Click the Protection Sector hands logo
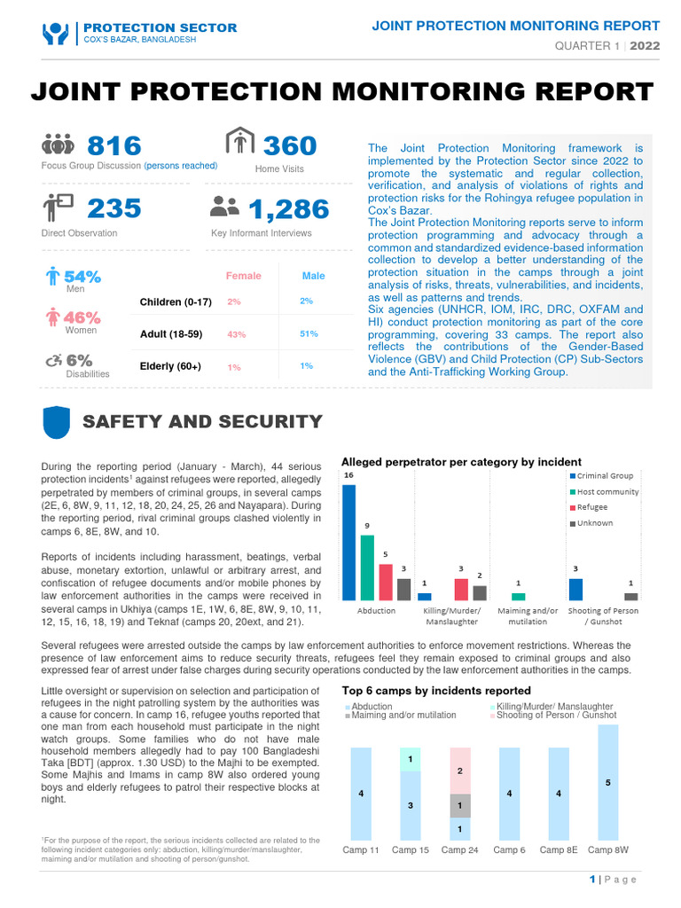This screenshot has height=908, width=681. (56, 34)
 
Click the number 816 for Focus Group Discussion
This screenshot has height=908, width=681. (114, 145)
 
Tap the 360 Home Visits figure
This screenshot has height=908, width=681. (290, 145)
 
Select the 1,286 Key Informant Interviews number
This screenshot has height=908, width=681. (288, 209)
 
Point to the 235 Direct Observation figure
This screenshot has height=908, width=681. (114, 208)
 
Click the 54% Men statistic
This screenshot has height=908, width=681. (81, 277)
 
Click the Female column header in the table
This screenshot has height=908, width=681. (244, 276)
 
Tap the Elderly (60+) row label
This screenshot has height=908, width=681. (170, 366)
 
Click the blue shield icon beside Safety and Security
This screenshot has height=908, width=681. (57, 422)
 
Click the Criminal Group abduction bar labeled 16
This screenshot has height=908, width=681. (348, 542)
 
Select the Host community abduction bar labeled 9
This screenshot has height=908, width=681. (367, 567)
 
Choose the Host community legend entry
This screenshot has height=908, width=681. (607, 491)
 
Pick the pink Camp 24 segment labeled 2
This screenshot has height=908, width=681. (459, 771)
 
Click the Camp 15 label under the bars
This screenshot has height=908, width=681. (410, 849)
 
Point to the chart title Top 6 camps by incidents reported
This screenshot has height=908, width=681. (436, 690)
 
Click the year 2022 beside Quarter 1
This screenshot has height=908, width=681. (645, 46)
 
